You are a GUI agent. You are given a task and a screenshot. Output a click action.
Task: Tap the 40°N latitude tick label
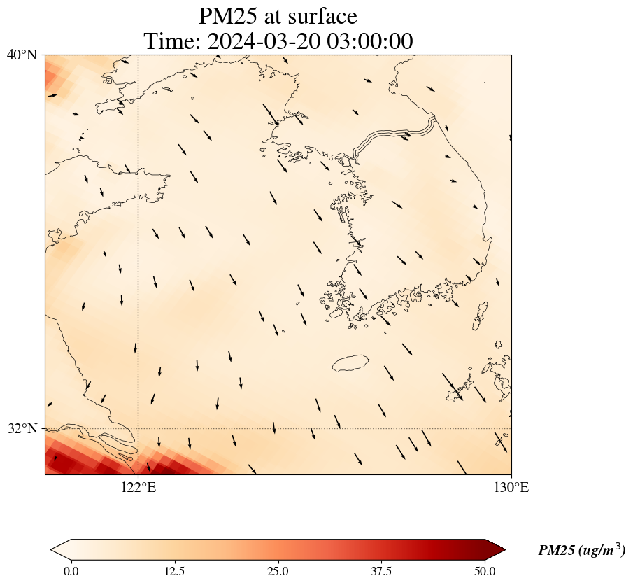[x=22, y=55]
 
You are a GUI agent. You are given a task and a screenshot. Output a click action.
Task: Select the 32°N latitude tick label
[x=22, y=428]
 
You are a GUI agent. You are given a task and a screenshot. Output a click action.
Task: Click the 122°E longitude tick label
[x=138, y=488]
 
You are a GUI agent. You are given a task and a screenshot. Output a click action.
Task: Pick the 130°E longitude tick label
[x=511, y=488]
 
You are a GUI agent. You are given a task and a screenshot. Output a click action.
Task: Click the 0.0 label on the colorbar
[x=71, y=571]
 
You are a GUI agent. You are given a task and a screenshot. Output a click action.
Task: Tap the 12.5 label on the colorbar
[x=174, y=571]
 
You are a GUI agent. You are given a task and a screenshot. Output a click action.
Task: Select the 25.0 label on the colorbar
[x=278, y=571]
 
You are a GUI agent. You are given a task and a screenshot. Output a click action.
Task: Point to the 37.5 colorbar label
[x=381, y=571]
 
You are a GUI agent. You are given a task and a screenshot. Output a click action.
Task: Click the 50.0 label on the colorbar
[x=485, y=571]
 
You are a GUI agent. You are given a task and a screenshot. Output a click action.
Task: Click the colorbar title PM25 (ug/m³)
[x=581, y=551]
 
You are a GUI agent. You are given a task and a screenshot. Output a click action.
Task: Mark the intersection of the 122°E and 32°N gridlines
[x=138, y=428]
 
